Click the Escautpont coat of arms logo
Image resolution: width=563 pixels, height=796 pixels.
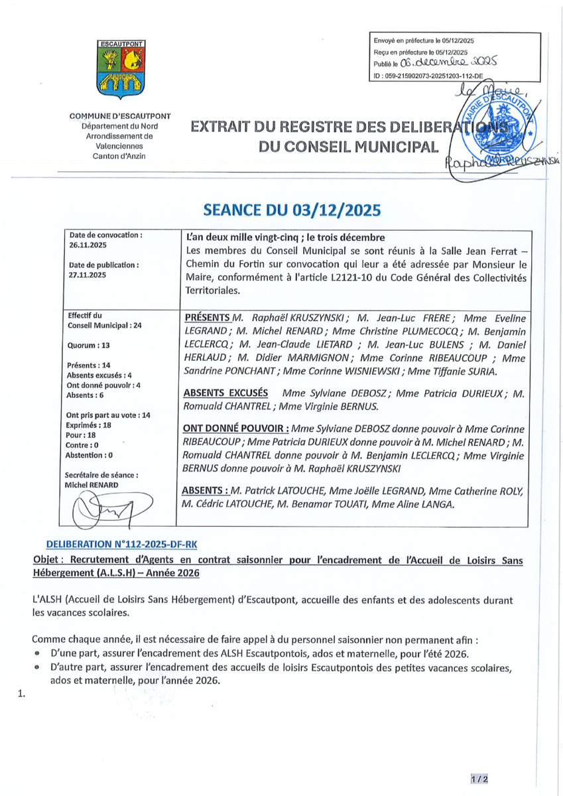(122, 69)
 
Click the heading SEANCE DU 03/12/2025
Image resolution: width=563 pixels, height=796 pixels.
(292, 210)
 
